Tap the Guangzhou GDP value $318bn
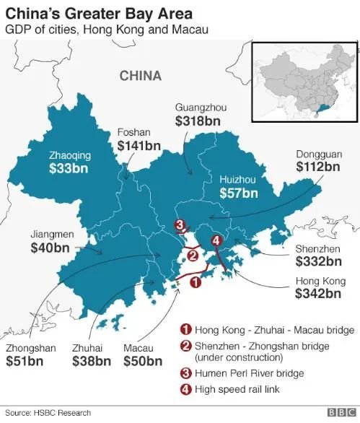coord(201,122)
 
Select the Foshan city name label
coord(133,132)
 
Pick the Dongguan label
coord(317,153)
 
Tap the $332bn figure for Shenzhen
coord(318,261)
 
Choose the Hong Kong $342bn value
coord(318,294)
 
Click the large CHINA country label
coord(141,76)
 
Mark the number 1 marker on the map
coord(193,284)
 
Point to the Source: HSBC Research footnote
coord(48,413)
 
